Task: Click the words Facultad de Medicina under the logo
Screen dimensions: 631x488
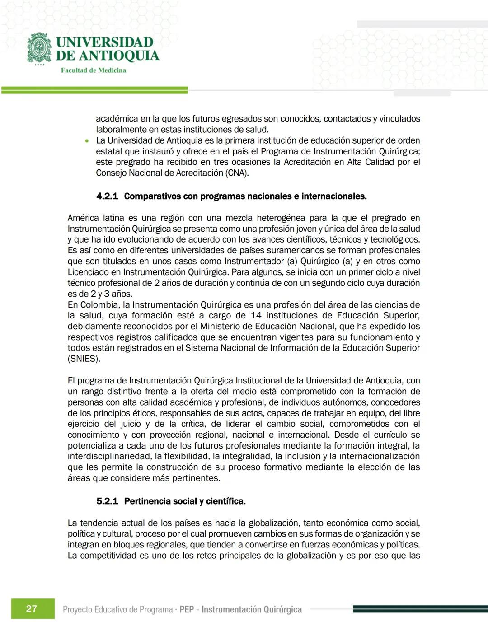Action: [x=94, y=70]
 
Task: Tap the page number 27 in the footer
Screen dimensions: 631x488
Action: [x=32, y=608]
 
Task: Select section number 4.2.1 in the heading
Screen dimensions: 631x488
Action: [x=107, y=196]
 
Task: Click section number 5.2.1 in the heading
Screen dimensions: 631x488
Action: [x=107, y=501]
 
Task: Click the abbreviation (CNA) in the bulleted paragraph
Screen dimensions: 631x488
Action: [x=237, y=173]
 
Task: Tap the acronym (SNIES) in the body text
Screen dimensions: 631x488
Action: [x=84, y=359]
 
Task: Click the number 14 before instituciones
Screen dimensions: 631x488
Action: [x=256, y=316]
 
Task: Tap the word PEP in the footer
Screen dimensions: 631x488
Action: [x=187, y=609]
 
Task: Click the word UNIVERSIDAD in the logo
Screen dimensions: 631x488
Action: [x=105, y=42]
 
